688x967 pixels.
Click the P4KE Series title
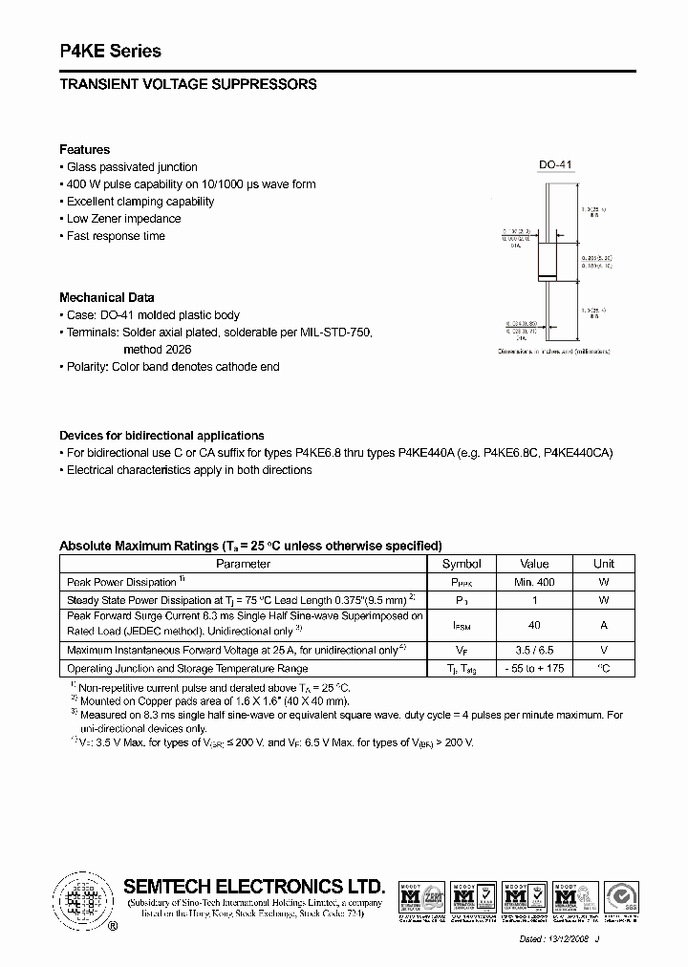(x=110, y=52)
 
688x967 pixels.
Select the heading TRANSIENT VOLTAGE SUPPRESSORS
(x=187, y=84)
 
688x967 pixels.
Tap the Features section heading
(x=84, y=150)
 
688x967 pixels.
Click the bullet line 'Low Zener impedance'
(x=123, y=219)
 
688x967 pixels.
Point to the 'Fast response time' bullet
(x=116, y=236)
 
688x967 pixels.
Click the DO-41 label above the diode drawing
(x=554, y=165)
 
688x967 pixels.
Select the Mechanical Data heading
(x=106, y=297)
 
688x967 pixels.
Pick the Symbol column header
(x=462, y=564)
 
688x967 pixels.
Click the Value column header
(x=534, y=564)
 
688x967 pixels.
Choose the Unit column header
(x=604, y=564)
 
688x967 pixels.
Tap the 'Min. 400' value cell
(x=534, y=582)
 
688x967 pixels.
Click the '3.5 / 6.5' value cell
(x=534, y=650)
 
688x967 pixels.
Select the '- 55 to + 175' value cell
(x=534, y=669)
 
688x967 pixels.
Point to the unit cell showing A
(x=604, y=625)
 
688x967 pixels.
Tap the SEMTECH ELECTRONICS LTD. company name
(x=254, y=885)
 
